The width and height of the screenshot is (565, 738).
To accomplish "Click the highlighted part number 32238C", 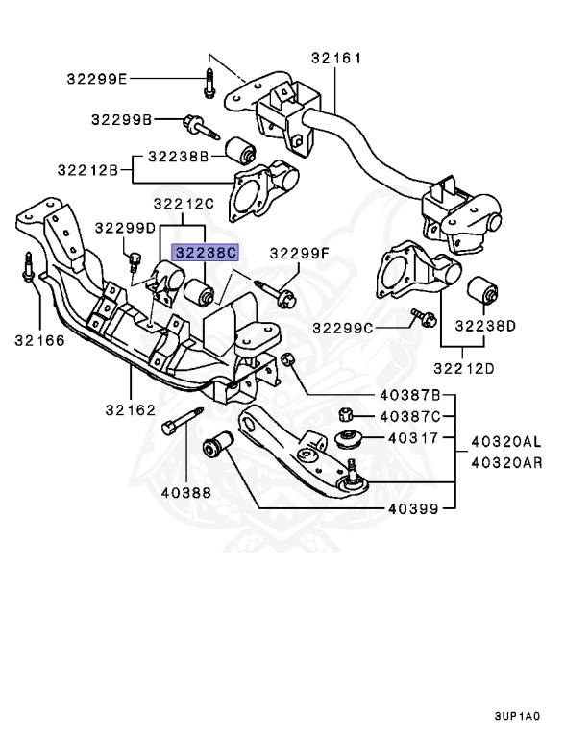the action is point(205,253).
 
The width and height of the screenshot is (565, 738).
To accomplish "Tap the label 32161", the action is point(336,59).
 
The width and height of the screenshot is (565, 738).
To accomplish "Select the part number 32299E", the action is point(96,79).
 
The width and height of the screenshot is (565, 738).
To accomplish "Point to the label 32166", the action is point(39,340).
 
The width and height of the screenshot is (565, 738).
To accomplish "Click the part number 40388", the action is point(186,493).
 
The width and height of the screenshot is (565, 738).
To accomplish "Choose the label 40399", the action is point(413,508).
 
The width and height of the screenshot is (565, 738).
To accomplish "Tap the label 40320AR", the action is point(506,462).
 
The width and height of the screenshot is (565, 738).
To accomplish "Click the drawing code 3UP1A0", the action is point(517,717).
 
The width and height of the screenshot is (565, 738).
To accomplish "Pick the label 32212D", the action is point(464,369).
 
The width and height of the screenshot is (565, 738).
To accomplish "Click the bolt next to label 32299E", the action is point(209,84).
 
